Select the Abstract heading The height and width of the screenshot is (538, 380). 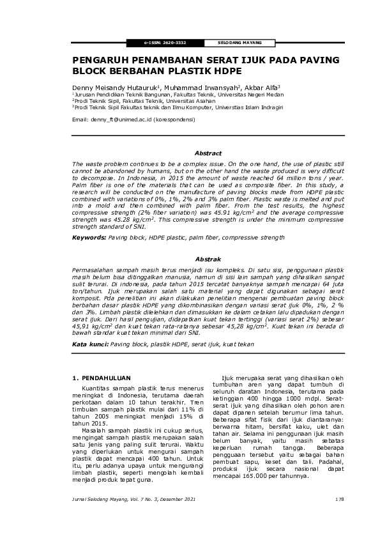coord(208,154)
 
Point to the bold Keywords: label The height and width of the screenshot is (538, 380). coord(89,237)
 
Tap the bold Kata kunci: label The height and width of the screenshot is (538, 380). coord(90,344)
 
